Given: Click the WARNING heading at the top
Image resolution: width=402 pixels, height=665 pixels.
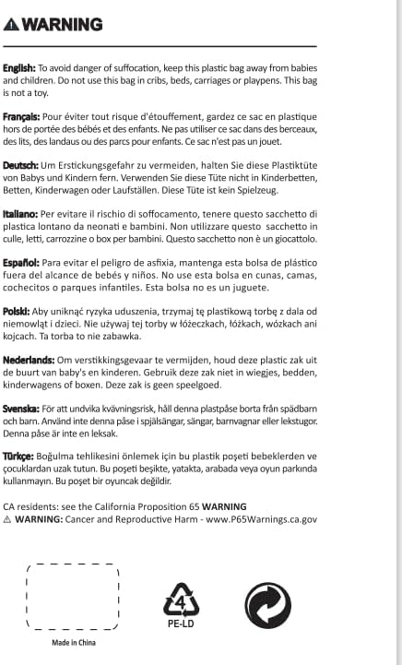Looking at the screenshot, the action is [61, 24].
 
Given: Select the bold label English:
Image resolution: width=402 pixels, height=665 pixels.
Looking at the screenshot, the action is [19, 67].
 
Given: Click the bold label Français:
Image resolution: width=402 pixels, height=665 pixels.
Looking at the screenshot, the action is [21, 117].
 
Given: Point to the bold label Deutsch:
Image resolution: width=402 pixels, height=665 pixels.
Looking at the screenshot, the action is [21, 165].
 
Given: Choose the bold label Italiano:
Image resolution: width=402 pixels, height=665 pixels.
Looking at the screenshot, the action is [21, 214].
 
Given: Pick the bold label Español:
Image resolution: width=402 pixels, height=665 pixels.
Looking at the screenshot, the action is [21, 263].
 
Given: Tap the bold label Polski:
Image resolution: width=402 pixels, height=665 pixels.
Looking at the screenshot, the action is [18, 312].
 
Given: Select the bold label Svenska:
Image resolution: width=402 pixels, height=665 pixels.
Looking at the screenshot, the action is [22, 409].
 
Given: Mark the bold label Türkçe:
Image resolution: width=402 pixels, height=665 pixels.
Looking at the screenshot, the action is [19, 457].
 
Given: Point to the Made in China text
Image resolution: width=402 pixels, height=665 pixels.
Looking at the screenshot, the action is [72, 643].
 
